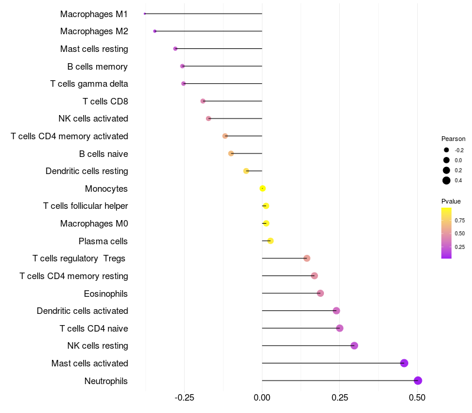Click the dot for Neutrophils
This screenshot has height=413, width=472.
[x=418, y=381]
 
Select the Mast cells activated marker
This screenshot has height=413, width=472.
[x=404, y=363]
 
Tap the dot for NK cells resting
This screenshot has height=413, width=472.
[x=354, y=346]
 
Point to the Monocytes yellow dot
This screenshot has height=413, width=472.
[x=263, y=189]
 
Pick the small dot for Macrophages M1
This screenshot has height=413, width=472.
[x=145, y=14]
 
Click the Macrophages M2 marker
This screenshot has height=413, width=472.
[x=155, y=31]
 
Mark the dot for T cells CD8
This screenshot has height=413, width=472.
[x=203, y=101]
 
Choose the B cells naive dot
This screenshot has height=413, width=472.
[x=231, y=153]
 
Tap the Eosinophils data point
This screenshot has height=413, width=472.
[x=320, y=293]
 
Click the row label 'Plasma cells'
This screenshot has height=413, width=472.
[x=103, y=241]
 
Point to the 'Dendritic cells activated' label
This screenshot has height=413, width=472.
[x=82, y=311]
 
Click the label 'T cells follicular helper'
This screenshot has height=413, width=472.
[x=86, y=206]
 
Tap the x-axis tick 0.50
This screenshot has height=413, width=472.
[x=417, y=398]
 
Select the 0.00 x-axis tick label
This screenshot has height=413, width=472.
[x=262, y=398]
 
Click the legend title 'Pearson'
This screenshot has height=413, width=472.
[x=453, y=139]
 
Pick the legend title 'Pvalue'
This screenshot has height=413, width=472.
[x=451, y=201]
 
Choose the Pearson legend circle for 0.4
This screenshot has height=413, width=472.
[x=447, y=181]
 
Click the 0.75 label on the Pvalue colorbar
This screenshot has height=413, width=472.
[x=460, y=221]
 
